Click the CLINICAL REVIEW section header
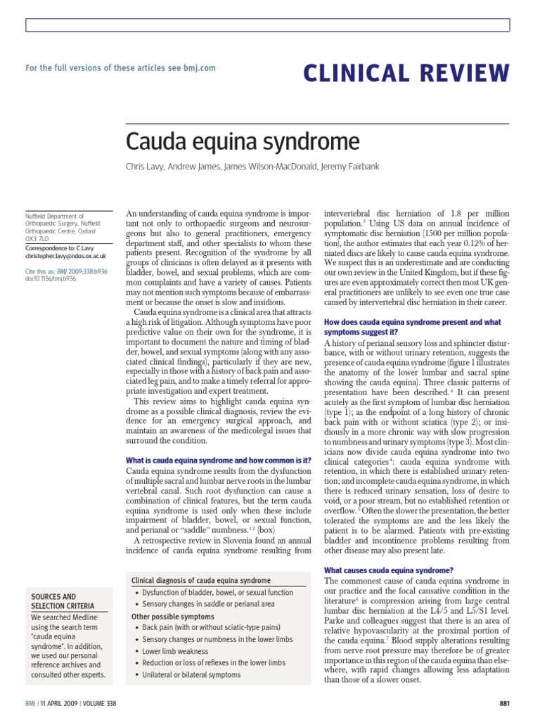[406, 72]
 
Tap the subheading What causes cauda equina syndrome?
[388, 570]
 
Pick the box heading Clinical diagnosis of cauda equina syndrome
[201, 580]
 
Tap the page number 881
[504, 704]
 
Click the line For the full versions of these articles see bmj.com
[120, 68]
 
